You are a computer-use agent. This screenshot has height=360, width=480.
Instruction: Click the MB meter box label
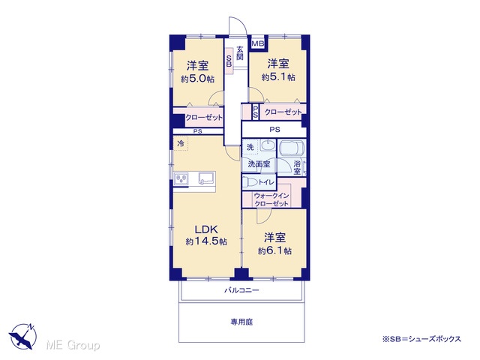click(258, 43)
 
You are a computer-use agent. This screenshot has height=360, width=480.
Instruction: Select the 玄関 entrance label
click(240, 53)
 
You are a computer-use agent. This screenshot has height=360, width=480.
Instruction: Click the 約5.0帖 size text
click(197, 79)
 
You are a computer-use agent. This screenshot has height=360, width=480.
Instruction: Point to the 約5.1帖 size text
click(278, 76)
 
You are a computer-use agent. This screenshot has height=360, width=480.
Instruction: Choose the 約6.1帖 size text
click(274, 251)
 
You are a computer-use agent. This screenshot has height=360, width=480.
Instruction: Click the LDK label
click(206, 229)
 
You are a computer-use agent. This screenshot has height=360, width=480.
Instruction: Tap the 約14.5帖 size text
click(206, 241)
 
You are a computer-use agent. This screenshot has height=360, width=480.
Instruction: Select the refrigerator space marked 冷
click(181, 143)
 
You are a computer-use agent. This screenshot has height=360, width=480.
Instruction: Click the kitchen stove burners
click(181, 178)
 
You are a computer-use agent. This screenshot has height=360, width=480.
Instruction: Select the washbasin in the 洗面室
click(268, 145)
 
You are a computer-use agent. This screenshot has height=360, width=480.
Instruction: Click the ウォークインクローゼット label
click(271, 199)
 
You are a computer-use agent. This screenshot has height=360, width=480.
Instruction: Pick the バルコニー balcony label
click(241, 289)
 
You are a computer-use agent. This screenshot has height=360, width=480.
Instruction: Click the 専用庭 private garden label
click(241, 322)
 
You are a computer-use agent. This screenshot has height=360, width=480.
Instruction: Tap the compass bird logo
click(23, 337)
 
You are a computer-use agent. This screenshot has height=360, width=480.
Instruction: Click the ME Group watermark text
click(73, 345)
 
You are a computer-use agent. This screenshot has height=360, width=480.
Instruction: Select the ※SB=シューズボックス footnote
click(421, 339)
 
